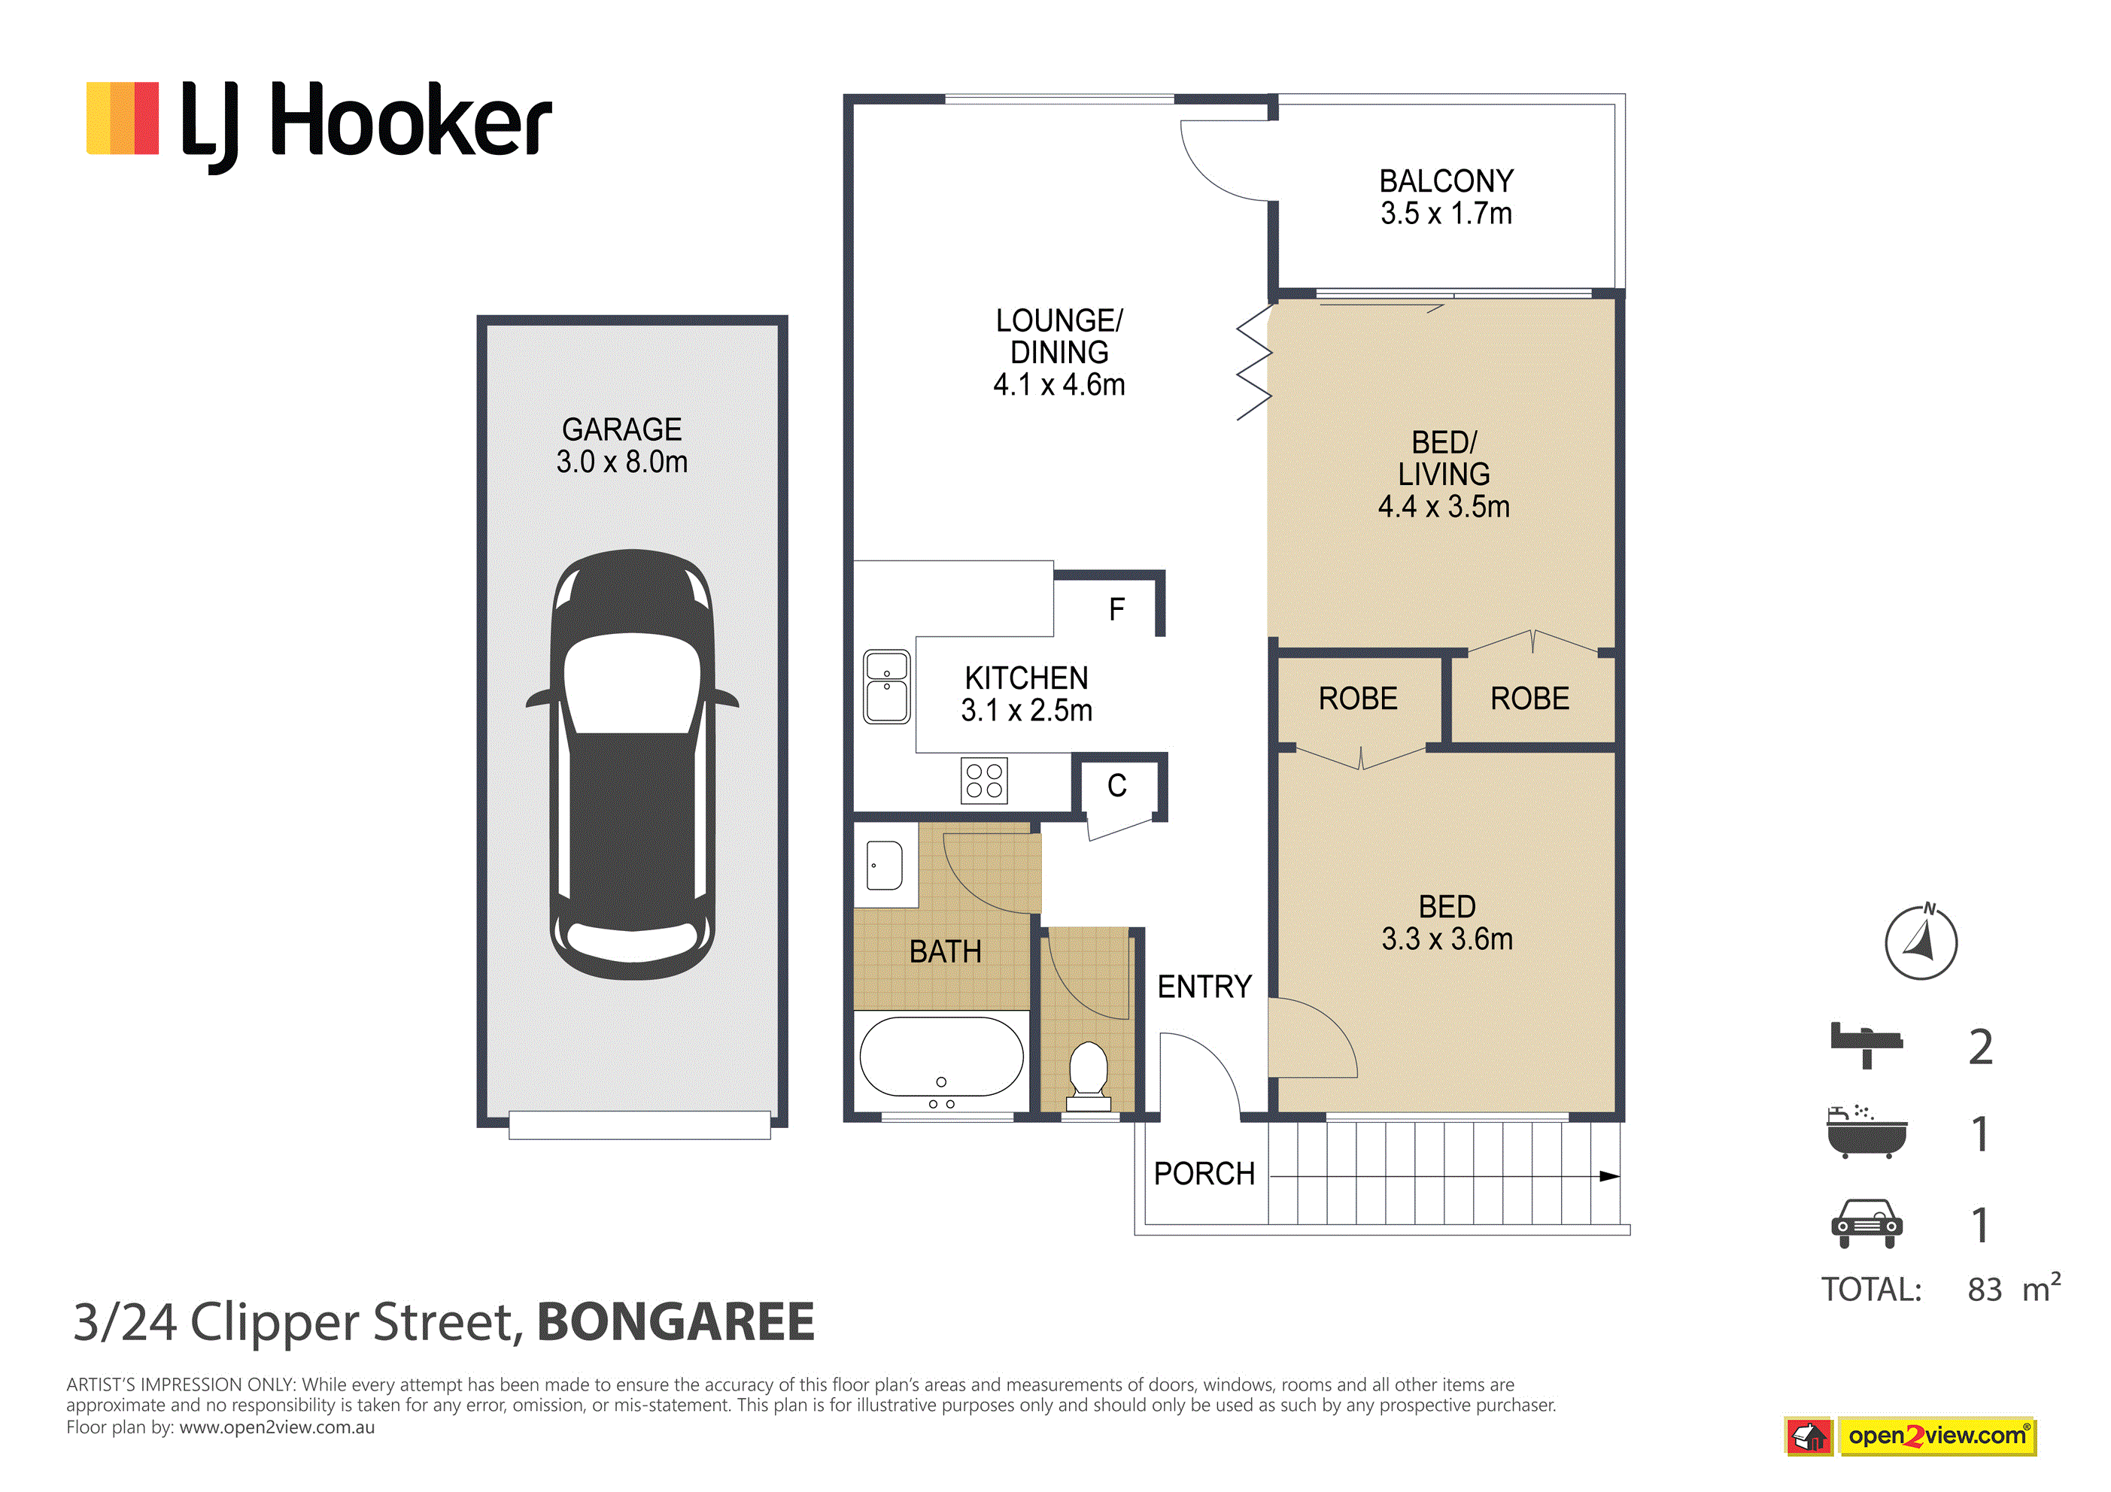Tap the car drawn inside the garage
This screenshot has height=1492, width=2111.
[633, 764]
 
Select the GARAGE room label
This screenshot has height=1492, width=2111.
[622, 429]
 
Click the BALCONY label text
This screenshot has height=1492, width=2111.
[1446, 181]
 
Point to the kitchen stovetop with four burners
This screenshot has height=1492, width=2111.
[984, 781]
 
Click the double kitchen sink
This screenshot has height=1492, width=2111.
[886, 687]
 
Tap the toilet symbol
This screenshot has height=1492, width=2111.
[1089, 1075]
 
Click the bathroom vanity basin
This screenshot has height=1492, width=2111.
[885, 865]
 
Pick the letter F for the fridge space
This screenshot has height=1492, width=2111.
[1117, 609]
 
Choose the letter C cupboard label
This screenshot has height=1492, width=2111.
[1117, 785]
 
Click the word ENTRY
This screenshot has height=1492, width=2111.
[1204, 987]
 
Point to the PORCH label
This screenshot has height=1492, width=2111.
[1204, 1174]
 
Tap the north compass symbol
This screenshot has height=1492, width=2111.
[1921, 942]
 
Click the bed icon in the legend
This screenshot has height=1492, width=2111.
[1866, 1045]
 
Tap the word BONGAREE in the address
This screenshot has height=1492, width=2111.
[676, 1322]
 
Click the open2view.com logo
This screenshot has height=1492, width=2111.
[1911, 1436]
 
